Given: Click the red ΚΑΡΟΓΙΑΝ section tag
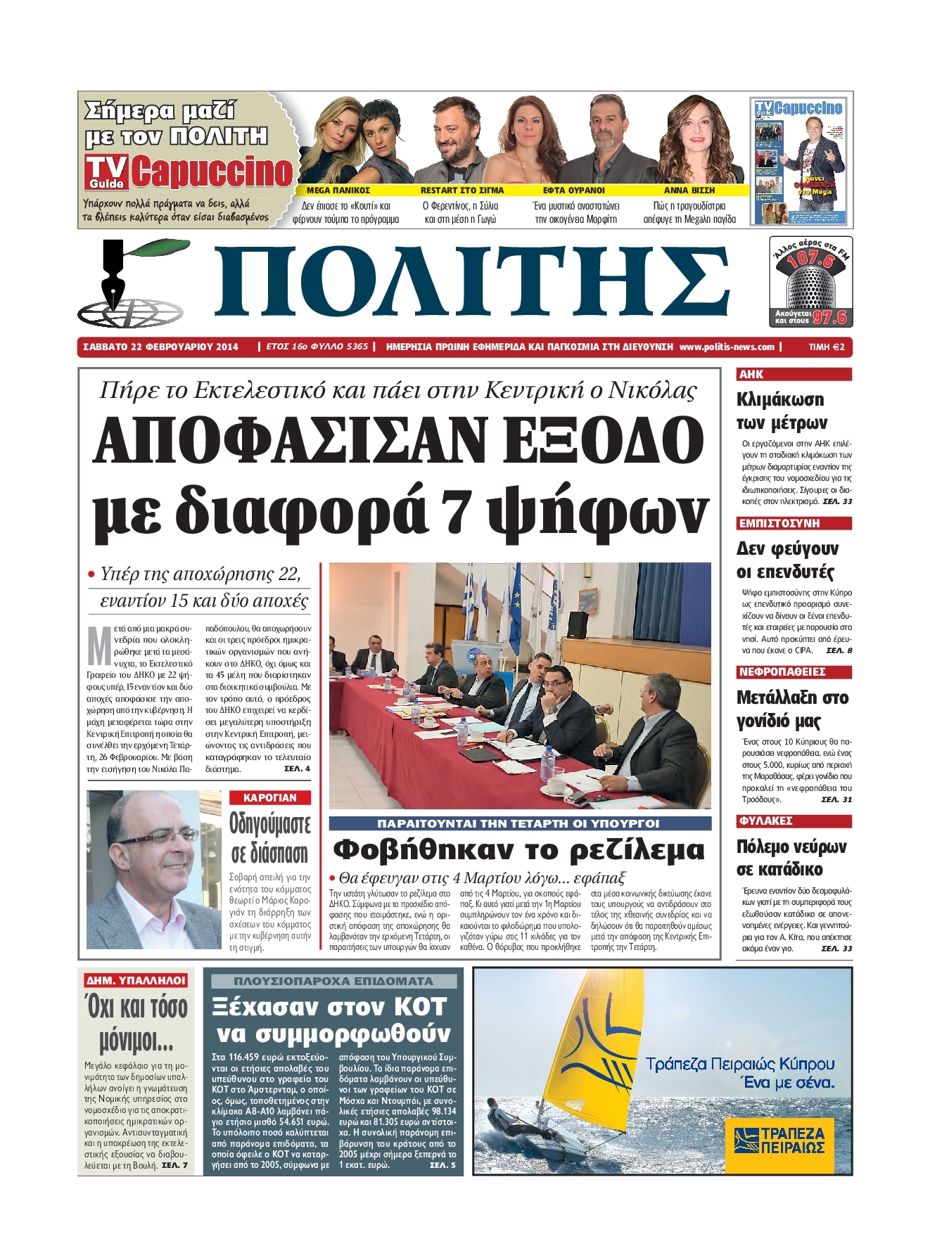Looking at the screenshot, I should pyautogui.click(x=270, y=797).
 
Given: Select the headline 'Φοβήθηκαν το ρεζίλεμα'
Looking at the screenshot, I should pyautogui.click(x=518, y=850).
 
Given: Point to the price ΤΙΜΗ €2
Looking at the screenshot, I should pyautogui.click(x=826, y=347).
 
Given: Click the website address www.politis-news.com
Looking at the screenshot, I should pyautogui.click(x=727, y=347).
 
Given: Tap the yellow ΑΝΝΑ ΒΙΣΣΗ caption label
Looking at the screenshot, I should pyautogui.click(x=689, y=190).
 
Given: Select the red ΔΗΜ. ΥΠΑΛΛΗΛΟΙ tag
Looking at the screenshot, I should pyautogui.click(x=136, y=980).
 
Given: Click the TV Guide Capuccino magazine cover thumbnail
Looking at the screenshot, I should pyautogui.click(x=798, y=161).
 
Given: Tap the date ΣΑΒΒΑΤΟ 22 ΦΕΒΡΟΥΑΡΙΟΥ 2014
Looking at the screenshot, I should pyautogui.click(x=160, y=347).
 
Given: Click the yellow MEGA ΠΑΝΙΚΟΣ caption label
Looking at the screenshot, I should pyautogui.click(x=338, y=190).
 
